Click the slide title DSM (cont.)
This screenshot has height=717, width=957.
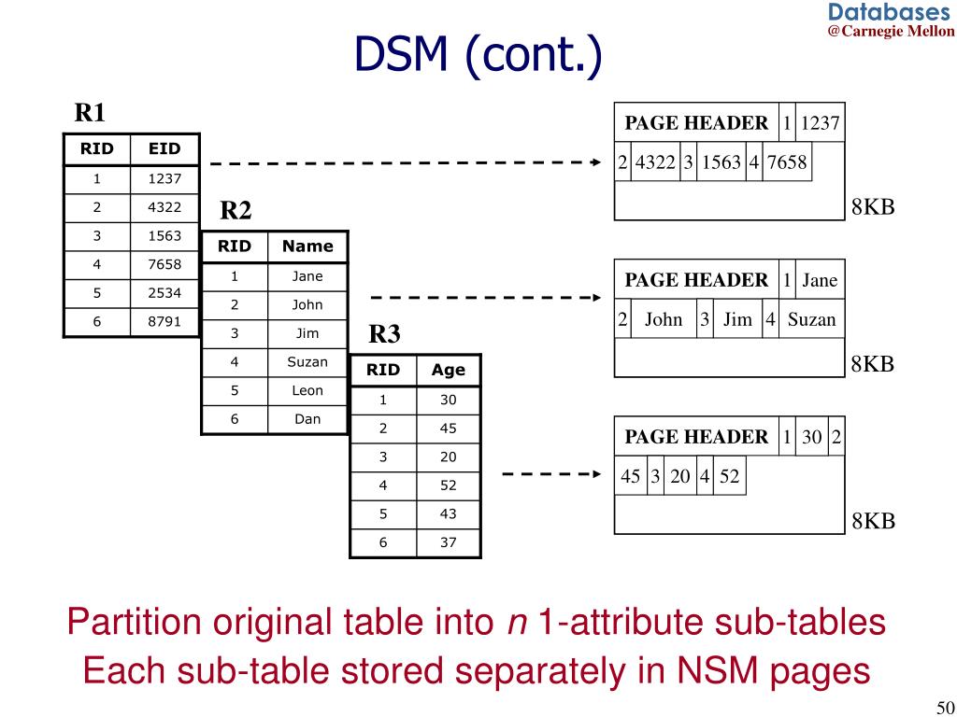pyautogui.click(x=478, y=57)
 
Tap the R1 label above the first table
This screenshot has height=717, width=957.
pyautogui.click(x=91, y=114)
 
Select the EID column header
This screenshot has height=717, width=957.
pyautogui.click(x=164, y=148)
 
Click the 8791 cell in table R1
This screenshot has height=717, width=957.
pyautogui.click(x=164, y=322)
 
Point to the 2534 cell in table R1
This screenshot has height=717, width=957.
pyautogui.click(x=164, y=293)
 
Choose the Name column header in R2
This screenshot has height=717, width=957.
pyautogui.click(x=307, y=246)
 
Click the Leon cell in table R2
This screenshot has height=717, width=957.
pyautogui.click(x=307, y=391)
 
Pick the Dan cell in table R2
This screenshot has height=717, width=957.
pyautogui.click(x=307, y=420)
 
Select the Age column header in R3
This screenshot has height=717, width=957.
pyautogui.click(x=448, y=370)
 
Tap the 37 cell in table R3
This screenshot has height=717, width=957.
pyautogui.click(x=448, y=542)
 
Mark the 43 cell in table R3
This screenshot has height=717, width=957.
pyautogui.click(x=448, y=513)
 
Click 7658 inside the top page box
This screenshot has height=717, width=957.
pyautogui.click(x=786, y=163)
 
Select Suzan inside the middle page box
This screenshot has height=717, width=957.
pyautogui.click(x=811, y=320)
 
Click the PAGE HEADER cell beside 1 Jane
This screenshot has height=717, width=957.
pyautogui.click(x=696, y=280)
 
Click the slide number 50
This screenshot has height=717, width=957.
pyautogui.click(x=942, y=706)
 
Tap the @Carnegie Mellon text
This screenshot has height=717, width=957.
pyautogui.click(x=891, y=31)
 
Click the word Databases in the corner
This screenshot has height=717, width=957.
pyautogui.click(x=888, y=12)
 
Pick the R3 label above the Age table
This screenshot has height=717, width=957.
pyautogui.click(x=384, y=334)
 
